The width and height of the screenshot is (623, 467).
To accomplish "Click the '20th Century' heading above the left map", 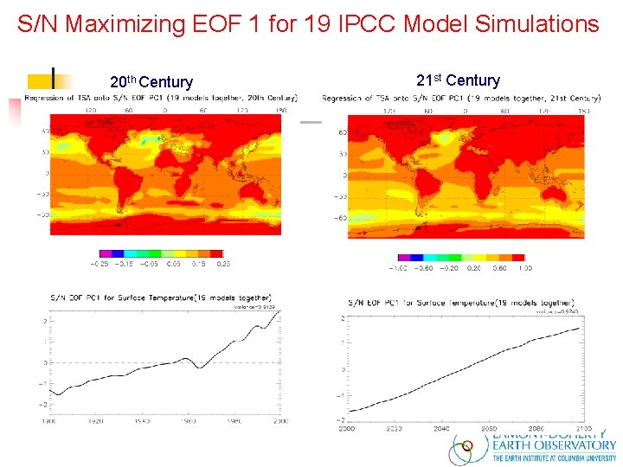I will (x=151, y=82).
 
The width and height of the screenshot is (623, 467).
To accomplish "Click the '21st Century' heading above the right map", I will (x=458, y=80).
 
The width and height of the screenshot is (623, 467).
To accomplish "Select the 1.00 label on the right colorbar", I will (x=524, y=268).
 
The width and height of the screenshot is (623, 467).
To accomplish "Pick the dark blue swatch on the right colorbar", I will (x=415, y=257).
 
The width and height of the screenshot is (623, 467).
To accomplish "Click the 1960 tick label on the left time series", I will (x=188, y=421).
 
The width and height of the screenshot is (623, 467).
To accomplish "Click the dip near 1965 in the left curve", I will (x=201, y=368).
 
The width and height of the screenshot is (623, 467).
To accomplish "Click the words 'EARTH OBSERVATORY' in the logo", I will (x=554, y=445).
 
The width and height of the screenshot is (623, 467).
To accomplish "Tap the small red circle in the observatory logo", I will (x=468, y=449).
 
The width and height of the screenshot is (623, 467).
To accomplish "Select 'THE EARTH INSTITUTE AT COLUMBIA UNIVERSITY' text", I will (x=554, y=459).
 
